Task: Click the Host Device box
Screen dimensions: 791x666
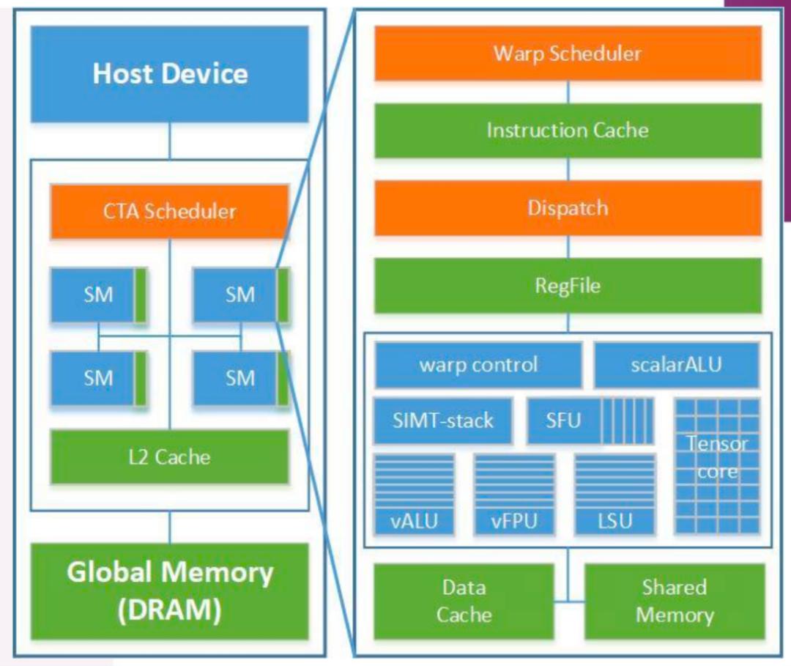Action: (x=169, y=74)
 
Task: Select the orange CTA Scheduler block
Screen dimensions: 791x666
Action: (x=169, y=212)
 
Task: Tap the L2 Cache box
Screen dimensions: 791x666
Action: (x=169, y=457)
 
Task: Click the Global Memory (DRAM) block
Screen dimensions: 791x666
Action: (x=169, y=591)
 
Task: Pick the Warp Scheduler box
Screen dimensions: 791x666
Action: (x=568, y=53)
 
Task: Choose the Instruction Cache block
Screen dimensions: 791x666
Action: (x=568, y=130)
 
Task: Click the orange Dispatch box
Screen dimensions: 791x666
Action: (x=568, y=208)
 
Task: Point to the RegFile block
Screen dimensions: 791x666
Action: (x=568, y=286)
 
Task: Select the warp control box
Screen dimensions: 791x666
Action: (x=478, y=365)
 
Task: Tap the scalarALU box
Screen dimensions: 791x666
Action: (x=677, y=365)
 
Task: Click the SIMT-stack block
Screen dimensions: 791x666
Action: (x=443, y=421)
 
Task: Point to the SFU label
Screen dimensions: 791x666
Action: (x=563, y=421)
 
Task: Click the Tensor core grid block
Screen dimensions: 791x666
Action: (x=717, y=466)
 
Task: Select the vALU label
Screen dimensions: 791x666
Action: (x=414, y=521)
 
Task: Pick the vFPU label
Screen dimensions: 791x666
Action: (x=514, y=521)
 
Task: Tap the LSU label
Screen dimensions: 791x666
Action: (x=615, y=521)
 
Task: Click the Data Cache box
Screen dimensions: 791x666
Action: (x=464, y=602)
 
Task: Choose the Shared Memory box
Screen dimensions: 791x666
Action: (x=675, y=602)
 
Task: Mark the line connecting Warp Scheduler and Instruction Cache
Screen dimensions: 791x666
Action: (x=568, y=92)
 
